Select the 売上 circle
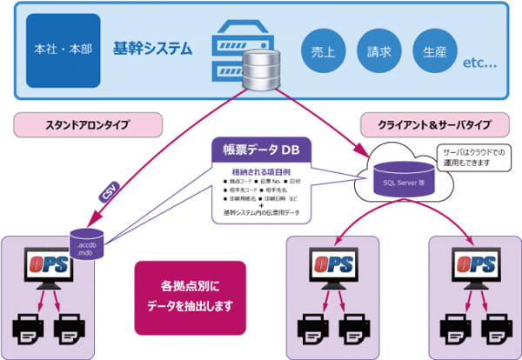324,51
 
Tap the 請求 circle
379,51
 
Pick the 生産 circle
435,51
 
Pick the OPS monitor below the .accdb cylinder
50,270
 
